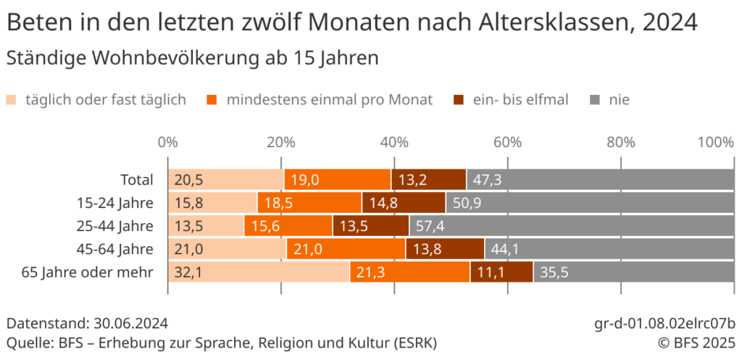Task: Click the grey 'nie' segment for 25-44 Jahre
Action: pos(572,226)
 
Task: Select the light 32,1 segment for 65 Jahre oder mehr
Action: pos(259,272)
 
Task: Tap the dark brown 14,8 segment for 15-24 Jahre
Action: pos(404,203)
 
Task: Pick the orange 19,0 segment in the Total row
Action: pos(338,180)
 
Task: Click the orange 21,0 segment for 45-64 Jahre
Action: pos(346,249)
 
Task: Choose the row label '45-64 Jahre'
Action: pos(115,249)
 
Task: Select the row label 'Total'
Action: pos(137,180)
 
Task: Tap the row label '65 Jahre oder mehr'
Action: pos(88,272)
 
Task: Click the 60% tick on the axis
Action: pos(508,142)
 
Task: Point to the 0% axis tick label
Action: pos(168,142)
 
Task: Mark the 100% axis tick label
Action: pos(715,142)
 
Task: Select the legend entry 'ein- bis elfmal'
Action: pos(520,99)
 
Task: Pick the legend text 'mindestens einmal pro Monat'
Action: pos(330,99)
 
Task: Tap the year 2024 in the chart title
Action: pos(670,23)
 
